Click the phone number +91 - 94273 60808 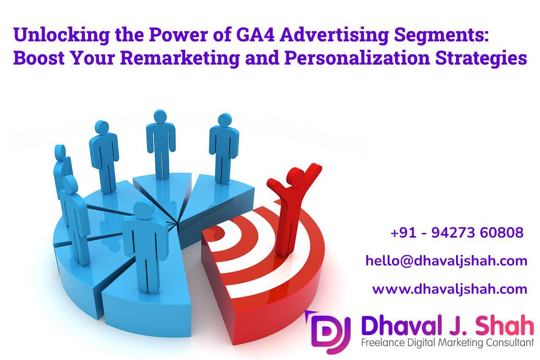pyautogui.click(x=457, y=233)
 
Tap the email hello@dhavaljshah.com pyautogui.click(x=446, y=261)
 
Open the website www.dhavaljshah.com pyautogui.click(x=450, y=289)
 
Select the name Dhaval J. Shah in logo pyautogui.click(x=447, y=328)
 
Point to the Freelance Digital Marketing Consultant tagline pyautogui.click(x=448, y=343)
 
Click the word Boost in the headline pyautogui.click(x=38, y=58)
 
